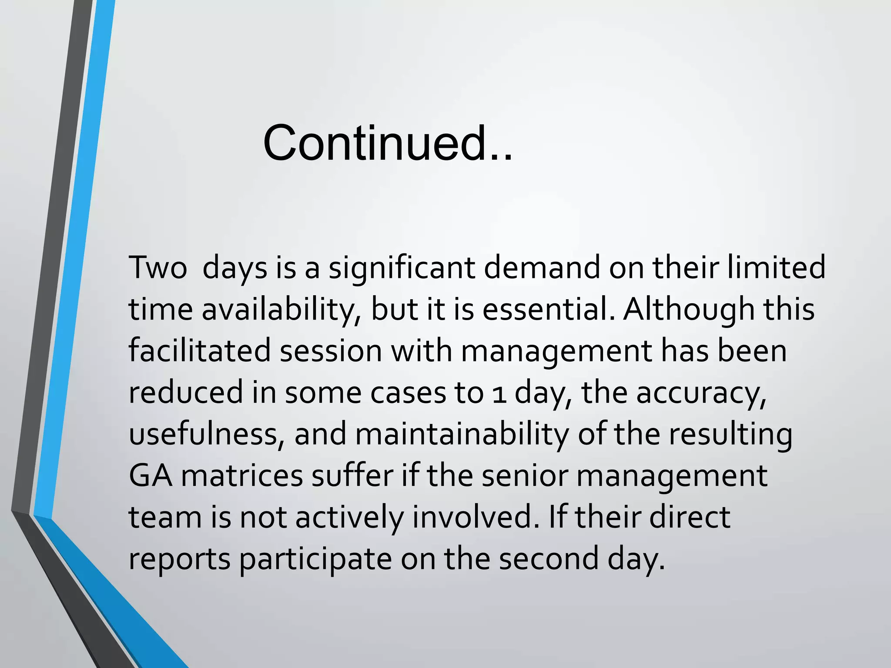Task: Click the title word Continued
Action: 387,143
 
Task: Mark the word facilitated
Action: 200,351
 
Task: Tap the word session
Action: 331,351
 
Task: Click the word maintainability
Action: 462,434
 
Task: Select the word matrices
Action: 242,476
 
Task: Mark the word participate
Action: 316,559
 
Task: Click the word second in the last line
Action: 549,559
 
